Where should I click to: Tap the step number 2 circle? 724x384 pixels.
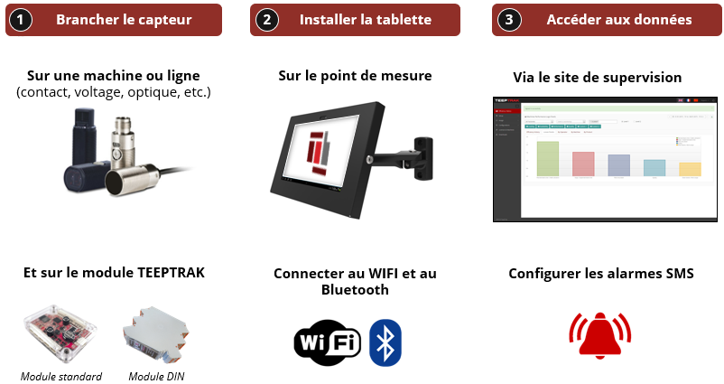tap(266, 19)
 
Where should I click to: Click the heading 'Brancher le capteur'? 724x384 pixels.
tap(124, 19)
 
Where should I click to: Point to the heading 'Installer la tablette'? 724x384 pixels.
tap(366, 19)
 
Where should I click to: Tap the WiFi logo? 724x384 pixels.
tap(328, 342)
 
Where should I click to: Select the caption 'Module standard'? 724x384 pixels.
tap(61, 376)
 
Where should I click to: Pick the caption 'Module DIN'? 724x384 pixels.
tap(157, 376)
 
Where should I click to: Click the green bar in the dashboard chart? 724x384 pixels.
tap(548, 158)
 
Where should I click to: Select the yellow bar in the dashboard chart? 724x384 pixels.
tap(689, 169)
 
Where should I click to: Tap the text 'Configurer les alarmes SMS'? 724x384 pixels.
tap(601, 273)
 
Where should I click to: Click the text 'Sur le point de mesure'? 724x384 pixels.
tap(355, 76)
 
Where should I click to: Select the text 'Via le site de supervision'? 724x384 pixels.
tap(597, 77)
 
